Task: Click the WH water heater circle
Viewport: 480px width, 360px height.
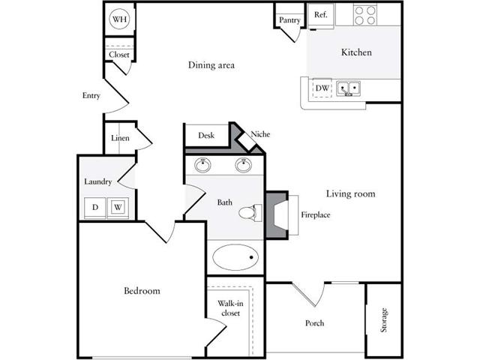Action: pyautogui.click(x=119, y=19)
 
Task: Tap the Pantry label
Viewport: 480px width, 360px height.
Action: pyautogui.click(x=289, y=20)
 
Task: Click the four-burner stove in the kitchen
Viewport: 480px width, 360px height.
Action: pyautogui.click(x=365, y=15)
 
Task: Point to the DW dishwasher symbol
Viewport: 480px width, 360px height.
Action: pyautogui.click(x=322, y=88)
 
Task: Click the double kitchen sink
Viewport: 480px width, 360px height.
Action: pyautogui.click(x=348, y=88)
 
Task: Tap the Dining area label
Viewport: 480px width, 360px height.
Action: pyautogui.click(x=211, y=65)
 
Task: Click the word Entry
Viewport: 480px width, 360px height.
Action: pyautogui.click(x=91, y=96)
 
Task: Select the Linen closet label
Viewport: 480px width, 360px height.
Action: pyautogui.click(x=120, y=138)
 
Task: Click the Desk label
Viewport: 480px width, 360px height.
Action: pyautogui.click(x=206, y=135)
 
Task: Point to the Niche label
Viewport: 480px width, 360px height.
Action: pyautogui.click(x=260, y=134)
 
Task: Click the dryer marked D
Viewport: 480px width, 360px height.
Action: pyautogui.click(x=95, y=208)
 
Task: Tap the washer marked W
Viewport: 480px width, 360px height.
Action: pyautogui.click(x=118, y=208)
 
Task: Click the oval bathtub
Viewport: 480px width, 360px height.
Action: pyautogui.click(x=235, y=257)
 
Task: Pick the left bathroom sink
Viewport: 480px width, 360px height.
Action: pyautogui.click(x=202, y=165)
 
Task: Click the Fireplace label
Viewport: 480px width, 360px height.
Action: pyautogui.click(x=316, y=215)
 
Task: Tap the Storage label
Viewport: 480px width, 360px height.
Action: pyautogui.click(x=383, y=320)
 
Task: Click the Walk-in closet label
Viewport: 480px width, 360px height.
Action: pyautogui.click(x=230, y=308)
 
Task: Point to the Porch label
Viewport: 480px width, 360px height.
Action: pyautogui.click(x=314, y=323)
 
